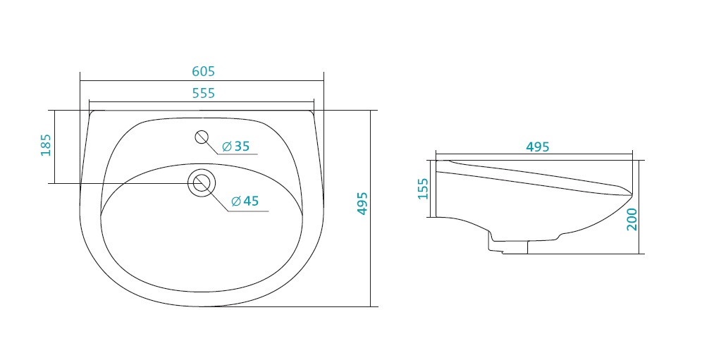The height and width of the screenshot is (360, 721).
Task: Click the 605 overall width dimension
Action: coord(203,71)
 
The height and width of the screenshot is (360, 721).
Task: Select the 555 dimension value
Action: coord(203,93)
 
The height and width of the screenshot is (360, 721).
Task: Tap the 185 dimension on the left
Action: coord(46,145)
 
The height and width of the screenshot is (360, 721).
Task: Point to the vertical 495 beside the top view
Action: coord(362,203)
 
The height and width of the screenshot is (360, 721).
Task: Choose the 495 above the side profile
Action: coord(538,147)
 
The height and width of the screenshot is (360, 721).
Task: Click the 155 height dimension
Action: coord(423,189)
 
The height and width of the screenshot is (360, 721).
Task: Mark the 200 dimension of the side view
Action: coord(631,219)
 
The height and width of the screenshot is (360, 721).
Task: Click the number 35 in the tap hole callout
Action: coord(242,147)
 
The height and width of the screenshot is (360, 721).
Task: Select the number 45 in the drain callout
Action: coord(252,201)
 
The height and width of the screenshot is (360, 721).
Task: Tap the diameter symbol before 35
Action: coord(227,147)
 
